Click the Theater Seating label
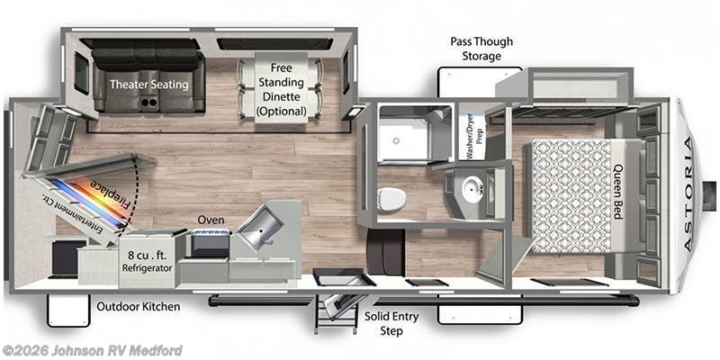[x=149, y=85]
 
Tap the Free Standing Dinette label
[x=280, y=88]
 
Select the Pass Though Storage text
[x=476, y=49]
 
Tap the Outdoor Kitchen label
[x=139, y=307]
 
